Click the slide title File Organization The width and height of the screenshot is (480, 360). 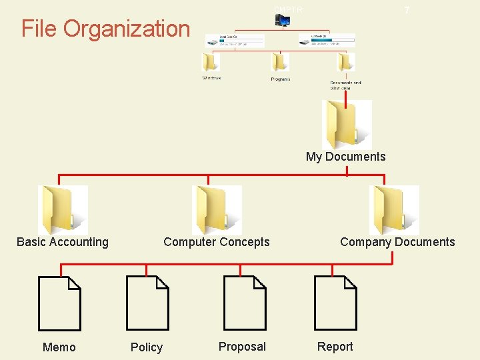click(x=105, y=29)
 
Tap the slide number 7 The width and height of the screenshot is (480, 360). click(x=407, y=11)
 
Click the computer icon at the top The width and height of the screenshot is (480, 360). click(x=283, y=21)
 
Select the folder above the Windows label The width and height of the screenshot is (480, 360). click(x=211, y=62)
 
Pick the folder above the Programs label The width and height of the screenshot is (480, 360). click(x=280, y=62)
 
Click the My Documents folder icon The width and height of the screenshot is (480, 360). click(x=346, y=125)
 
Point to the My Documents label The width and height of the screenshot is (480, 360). click(x=345, y=157)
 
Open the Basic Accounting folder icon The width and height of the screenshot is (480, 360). click(x=63, y=209)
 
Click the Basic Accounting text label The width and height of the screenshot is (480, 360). click(x=63, y=242)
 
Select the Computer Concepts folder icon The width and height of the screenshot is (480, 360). click(x=216, y=209)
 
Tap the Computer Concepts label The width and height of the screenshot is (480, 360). click(x=217, y=242)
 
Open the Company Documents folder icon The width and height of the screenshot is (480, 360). click(x=393, y=209)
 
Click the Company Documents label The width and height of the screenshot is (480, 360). click(x=397, y=242)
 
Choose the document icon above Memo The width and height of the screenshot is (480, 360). click(x=59, y=303)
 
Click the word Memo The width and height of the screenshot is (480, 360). click(x=59, y=347)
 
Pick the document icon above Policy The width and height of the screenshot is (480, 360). click(x=147, y=303)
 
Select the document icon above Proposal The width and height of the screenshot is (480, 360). click(x=244, y=303)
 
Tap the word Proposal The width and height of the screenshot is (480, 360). click(x=242, y=347)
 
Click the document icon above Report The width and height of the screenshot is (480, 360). click(x=335, y=303)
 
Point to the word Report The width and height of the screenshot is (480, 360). click(x=335, y=347)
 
